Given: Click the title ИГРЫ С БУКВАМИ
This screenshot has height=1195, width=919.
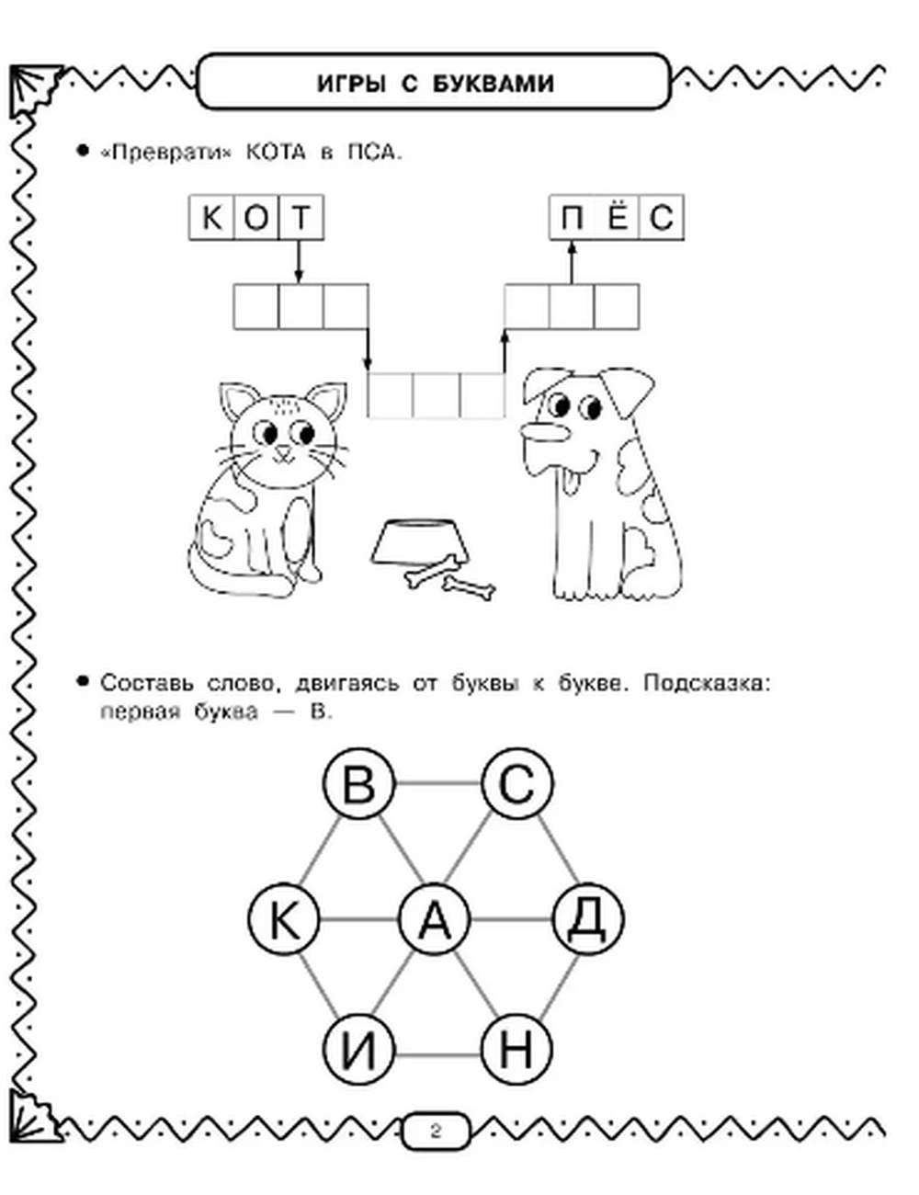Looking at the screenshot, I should point(435,85).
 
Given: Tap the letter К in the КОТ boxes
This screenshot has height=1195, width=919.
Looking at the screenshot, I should point(212,219).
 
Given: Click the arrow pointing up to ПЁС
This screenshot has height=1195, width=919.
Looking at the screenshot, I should point(571,262).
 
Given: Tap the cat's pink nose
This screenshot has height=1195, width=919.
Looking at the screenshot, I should point(286,451).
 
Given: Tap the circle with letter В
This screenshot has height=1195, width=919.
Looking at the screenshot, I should point(359,786).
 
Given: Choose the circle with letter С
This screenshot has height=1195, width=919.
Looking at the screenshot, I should point(517,786).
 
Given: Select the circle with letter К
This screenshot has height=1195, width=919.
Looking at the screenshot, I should point(284,919).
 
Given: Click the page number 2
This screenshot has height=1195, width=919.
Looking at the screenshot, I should point(436,1131).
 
